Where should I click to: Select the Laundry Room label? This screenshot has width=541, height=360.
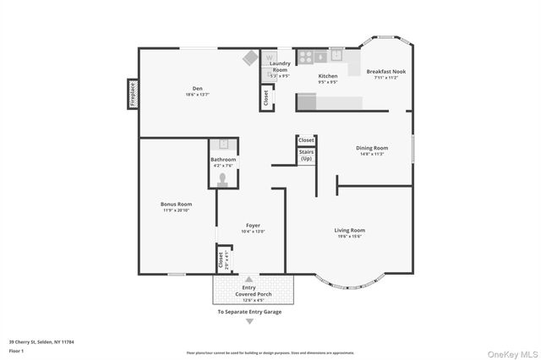280,67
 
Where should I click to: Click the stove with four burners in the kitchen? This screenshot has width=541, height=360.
305,57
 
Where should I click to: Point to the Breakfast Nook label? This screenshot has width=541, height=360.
385,72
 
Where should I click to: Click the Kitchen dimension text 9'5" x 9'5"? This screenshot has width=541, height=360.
328,83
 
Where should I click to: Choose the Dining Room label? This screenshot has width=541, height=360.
372,148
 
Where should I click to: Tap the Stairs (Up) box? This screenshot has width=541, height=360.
306,155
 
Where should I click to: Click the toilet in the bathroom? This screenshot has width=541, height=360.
224,178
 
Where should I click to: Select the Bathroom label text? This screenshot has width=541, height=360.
224,160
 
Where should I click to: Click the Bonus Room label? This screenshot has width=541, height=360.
177,204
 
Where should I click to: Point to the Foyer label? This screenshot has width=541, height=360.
253,226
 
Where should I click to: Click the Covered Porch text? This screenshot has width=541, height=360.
249,293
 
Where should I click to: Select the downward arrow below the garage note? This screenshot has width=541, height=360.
249,321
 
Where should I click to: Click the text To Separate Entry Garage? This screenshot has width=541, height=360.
249,312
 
